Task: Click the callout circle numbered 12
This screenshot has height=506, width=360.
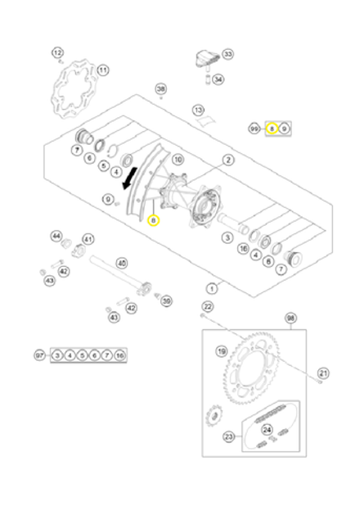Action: (57, 53)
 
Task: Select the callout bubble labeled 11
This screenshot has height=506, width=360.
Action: (102, 70)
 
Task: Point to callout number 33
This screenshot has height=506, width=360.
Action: (227, 54)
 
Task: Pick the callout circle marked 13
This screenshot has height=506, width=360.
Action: (199, 109)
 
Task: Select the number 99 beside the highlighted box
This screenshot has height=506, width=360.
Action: (254, 129)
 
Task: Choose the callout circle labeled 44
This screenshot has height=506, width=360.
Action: (56, 236)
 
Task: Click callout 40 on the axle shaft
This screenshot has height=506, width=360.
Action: (122, 264)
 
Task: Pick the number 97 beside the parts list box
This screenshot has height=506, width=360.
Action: (39, 355)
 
